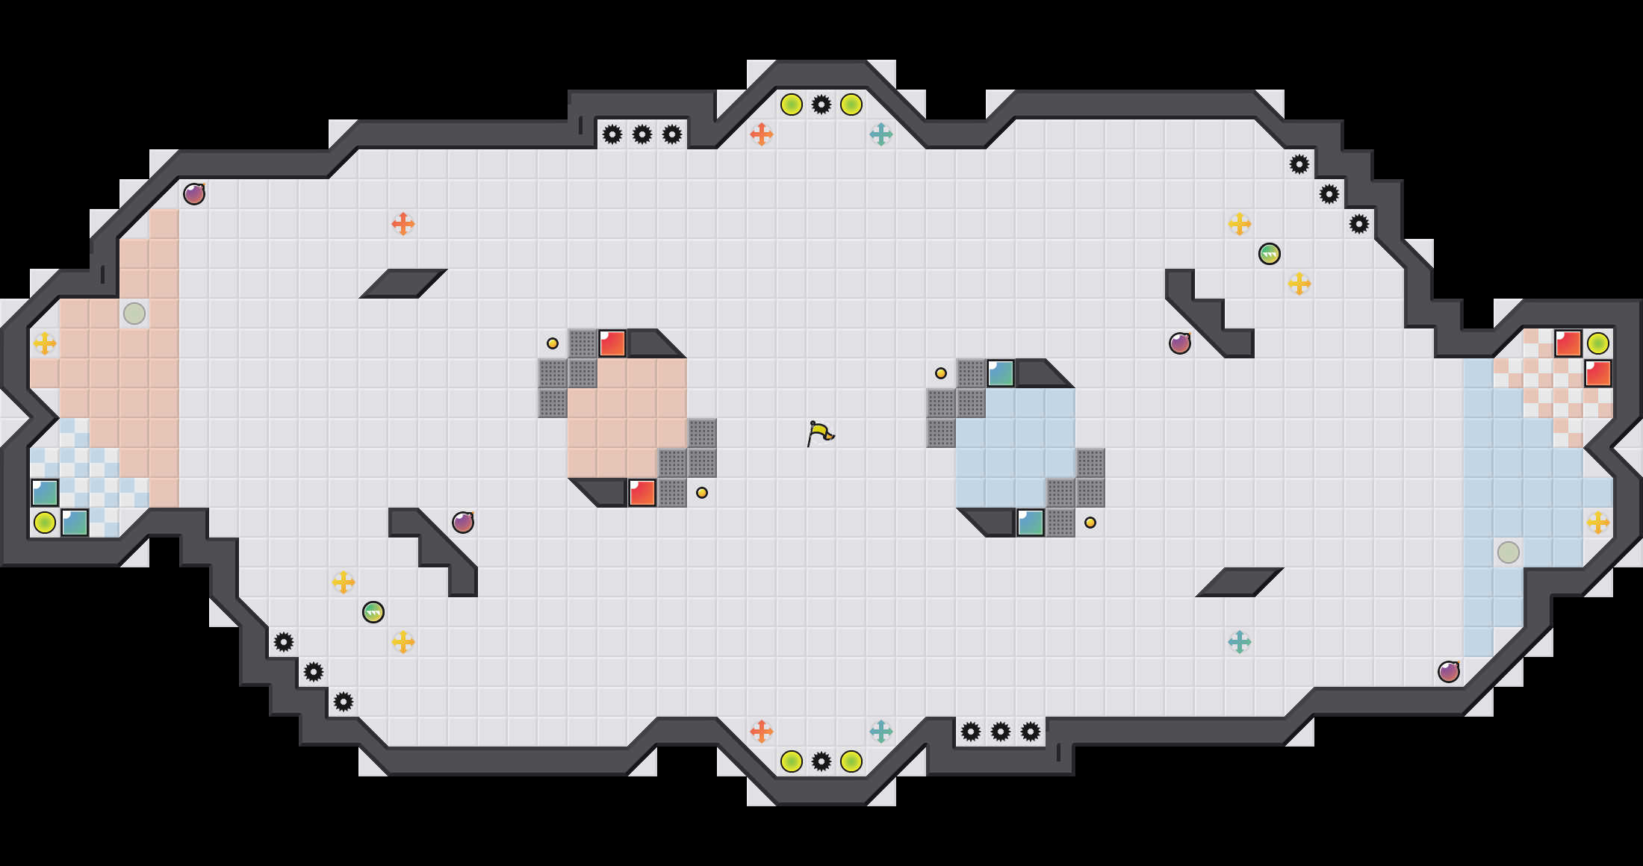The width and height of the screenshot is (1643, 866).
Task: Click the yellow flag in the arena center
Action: [x=819, y=433]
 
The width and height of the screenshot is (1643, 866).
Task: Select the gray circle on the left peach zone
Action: [x=134, y=314]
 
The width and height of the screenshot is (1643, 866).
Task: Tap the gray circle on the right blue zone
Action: [x=1509, y=552]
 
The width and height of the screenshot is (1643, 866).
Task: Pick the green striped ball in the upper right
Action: [x=1270, y=254]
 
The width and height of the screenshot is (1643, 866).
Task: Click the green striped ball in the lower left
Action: [x=373, y=612]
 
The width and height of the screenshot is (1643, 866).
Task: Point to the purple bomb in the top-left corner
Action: [x=194, y=194]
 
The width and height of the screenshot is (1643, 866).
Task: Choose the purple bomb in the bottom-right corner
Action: [x=1449, y=672]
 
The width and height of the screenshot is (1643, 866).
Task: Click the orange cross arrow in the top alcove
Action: [x=762, y=134]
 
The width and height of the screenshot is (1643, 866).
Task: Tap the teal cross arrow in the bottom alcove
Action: [x=881, y=732]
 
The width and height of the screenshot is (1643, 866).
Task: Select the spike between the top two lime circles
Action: [x=821, y=105]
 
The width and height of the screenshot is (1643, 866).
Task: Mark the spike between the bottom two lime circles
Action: [x=821, y=761]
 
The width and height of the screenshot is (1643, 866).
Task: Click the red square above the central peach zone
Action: [x=612, y=343]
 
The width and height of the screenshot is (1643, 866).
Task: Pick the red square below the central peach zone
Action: [x=642, y=493]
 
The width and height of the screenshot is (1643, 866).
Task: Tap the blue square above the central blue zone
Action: [x=1001, y=373]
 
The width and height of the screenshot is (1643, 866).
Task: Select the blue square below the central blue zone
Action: [x=1031, y=523]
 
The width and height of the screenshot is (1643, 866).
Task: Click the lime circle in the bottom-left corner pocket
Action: [x=45, y=523]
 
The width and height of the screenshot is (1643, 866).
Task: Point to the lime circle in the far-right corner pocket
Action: [x=1598, y=343]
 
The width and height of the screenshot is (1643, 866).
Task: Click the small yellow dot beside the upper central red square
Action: [x=553, y=343]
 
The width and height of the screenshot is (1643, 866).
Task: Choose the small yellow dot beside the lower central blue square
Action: [x=1090, y=523]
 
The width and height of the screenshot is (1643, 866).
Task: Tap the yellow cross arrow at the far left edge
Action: [x=45, y=343]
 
